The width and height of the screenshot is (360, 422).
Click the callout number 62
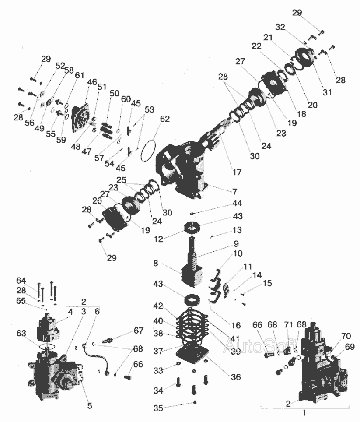pyautogui.click(x=165, y=119)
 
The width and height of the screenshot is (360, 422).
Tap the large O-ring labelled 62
pyautogui.click(x=142, y=151)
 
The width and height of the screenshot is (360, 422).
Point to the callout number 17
pyautogui.click(x=237, y=172)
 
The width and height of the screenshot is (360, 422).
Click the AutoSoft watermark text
pyautogui.click(x=260, y=345)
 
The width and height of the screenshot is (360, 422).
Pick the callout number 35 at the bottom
pyautogui.click(x=158, y=408)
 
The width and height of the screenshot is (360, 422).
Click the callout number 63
pyautogui.click(x=21, y=333)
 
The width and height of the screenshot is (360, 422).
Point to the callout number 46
pyautogui.click(x=92, y=82)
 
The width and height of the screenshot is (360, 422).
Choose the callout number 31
pyautogui.click(x=327, y=92)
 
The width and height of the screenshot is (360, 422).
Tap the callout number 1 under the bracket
pyautogui.click(x=304, y=412)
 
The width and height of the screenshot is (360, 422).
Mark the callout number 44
pyautogui.click(x=237, y=203)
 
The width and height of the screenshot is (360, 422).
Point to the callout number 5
pyautogui.click(x=90, y=405)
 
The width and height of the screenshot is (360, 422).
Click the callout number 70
pyautogui.click(x=346, y=336)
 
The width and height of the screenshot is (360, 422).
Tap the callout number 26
pyautogui.click(x=97, y=201)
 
